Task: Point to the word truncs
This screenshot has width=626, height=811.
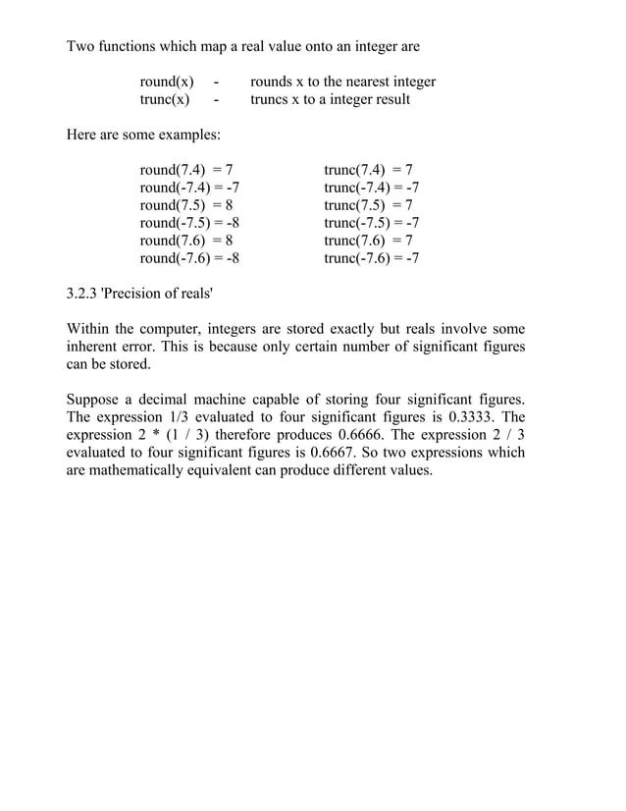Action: [x=274, y=100]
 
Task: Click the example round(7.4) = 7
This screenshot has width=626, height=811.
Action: [x=186, y=169]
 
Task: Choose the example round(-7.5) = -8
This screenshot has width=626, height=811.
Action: [x=190, y=223]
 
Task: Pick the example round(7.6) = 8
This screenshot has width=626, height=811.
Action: [x=186, y=241]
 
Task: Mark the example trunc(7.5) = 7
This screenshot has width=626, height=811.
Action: [x=368, y=205]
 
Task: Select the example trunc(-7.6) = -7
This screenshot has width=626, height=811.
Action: [x=372, y=259]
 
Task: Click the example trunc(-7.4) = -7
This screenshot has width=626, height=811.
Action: [x=372, y=187]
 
